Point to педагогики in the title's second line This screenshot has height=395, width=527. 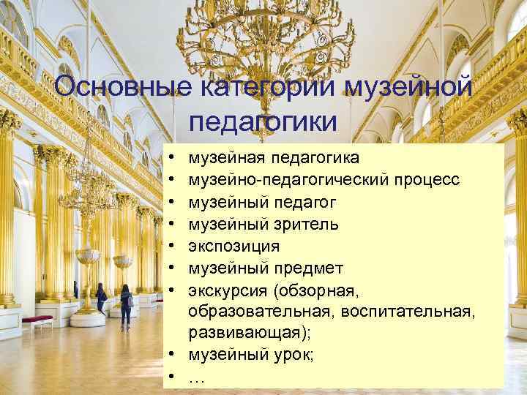point(263,121)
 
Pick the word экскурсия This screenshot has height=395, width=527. point(228,291)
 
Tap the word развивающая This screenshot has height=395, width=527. point(242,334)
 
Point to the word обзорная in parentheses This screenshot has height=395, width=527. point(316,291)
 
